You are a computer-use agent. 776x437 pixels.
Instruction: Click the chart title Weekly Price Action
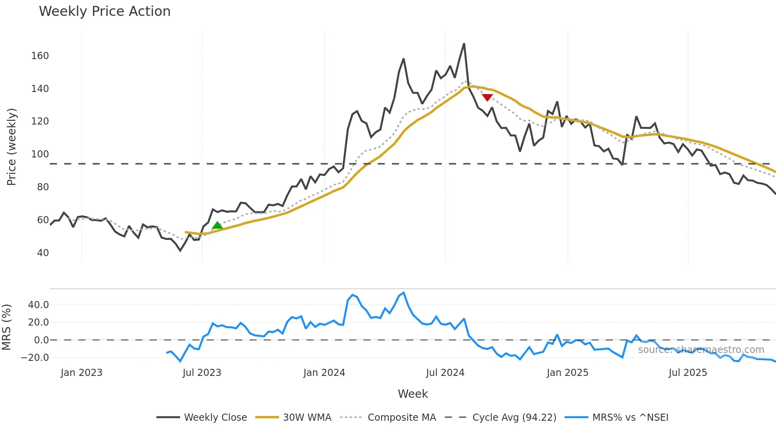coord(105,11)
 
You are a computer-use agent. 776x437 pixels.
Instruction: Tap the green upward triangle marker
coord(217,226)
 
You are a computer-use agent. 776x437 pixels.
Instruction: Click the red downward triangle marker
coord(487,97)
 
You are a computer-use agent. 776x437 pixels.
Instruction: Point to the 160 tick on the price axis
coord(40,56)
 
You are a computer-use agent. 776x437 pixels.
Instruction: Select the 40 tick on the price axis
coord(43,253)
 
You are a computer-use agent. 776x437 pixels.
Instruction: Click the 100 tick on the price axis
coord(40,154)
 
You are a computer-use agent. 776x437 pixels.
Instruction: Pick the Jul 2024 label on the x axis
coord(445,373)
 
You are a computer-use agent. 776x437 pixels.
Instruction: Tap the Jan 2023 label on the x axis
coord(82,373)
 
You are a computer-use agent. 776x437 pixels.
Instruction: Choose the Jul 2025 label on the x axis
coord(688,373)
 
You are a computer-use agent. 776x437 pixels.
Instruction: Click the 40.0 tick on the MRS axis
coord(38,305)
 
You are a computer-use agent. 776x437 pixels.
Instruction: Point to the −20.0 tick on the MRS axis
coord(35,358)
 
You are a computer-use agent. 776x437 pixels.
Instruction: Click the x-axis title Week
coord(413,394)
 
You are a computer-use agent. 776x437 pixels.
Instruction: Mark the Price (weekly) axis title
coord(11,147)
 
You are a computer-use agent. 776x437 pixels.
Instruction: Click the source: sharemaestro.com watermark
coord(701,350)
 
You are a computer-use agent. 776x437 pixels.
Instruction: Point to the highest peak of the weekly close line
coord(464,44)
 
